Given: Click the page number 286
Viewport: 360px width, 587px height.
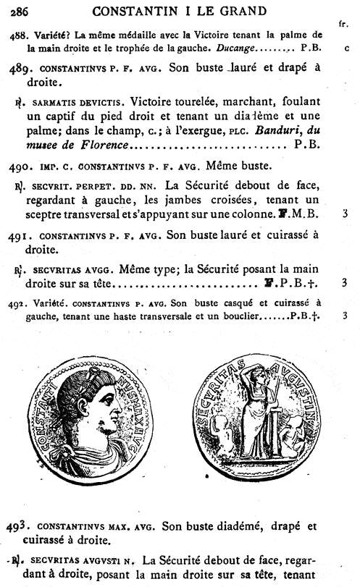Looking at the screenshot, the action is [19, 10].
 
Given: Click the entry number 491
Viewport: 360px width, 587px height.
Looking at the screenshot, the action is [20, 236].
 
